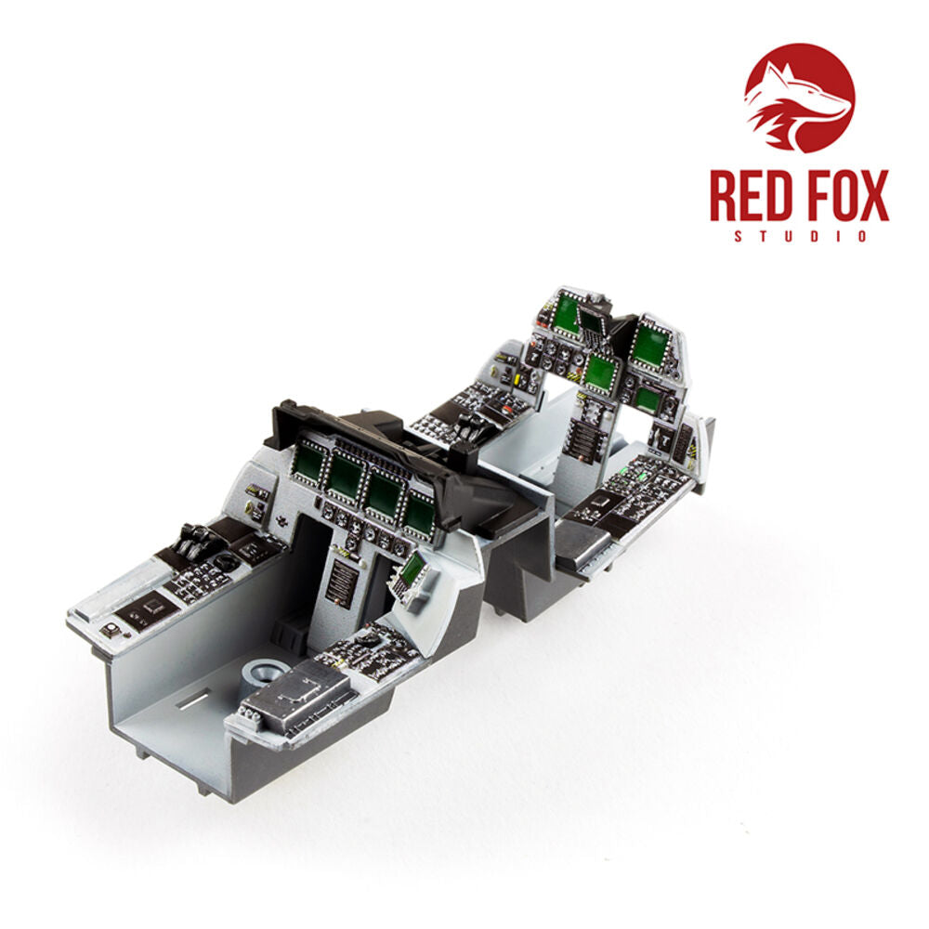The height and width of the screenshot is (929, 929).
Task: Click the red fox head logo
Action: [x=799, y=98]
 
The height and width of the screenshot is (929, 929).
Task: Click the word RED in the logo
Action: [x=750, y=195]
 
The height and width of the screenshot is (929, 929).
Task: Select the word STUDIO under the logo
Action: [x=800, y=236]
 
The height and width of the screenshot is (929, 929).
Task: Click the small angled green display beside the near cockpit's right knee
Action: [x=411, y=570]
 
